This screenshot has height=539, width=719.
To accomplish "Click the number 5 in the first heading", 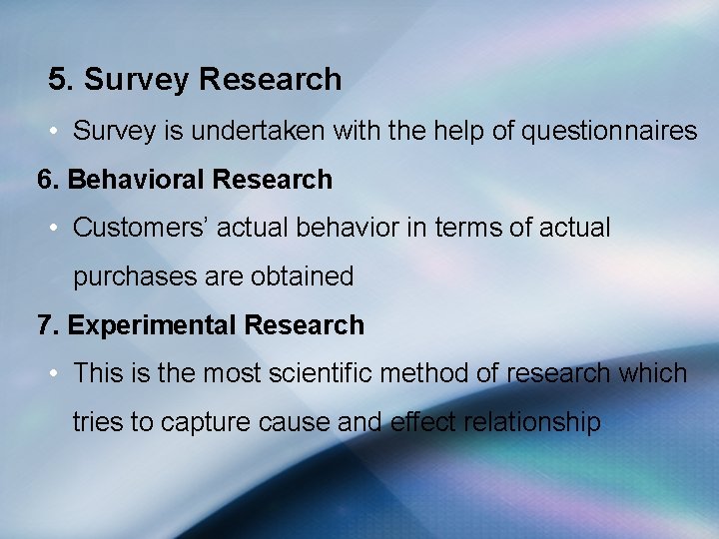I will [x=58, y=80].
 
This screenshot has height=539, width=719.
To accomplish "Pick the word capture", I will [x=206, y=422].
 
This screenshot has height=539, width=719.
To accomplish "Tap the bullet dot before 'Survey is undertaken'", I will [x=55, y=132].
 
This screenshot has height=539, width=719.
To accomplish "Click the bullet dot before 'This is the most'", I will [x=55, y=374].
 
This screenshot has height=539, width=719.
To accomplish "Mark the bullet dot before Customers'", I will [x=55, y=229].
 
